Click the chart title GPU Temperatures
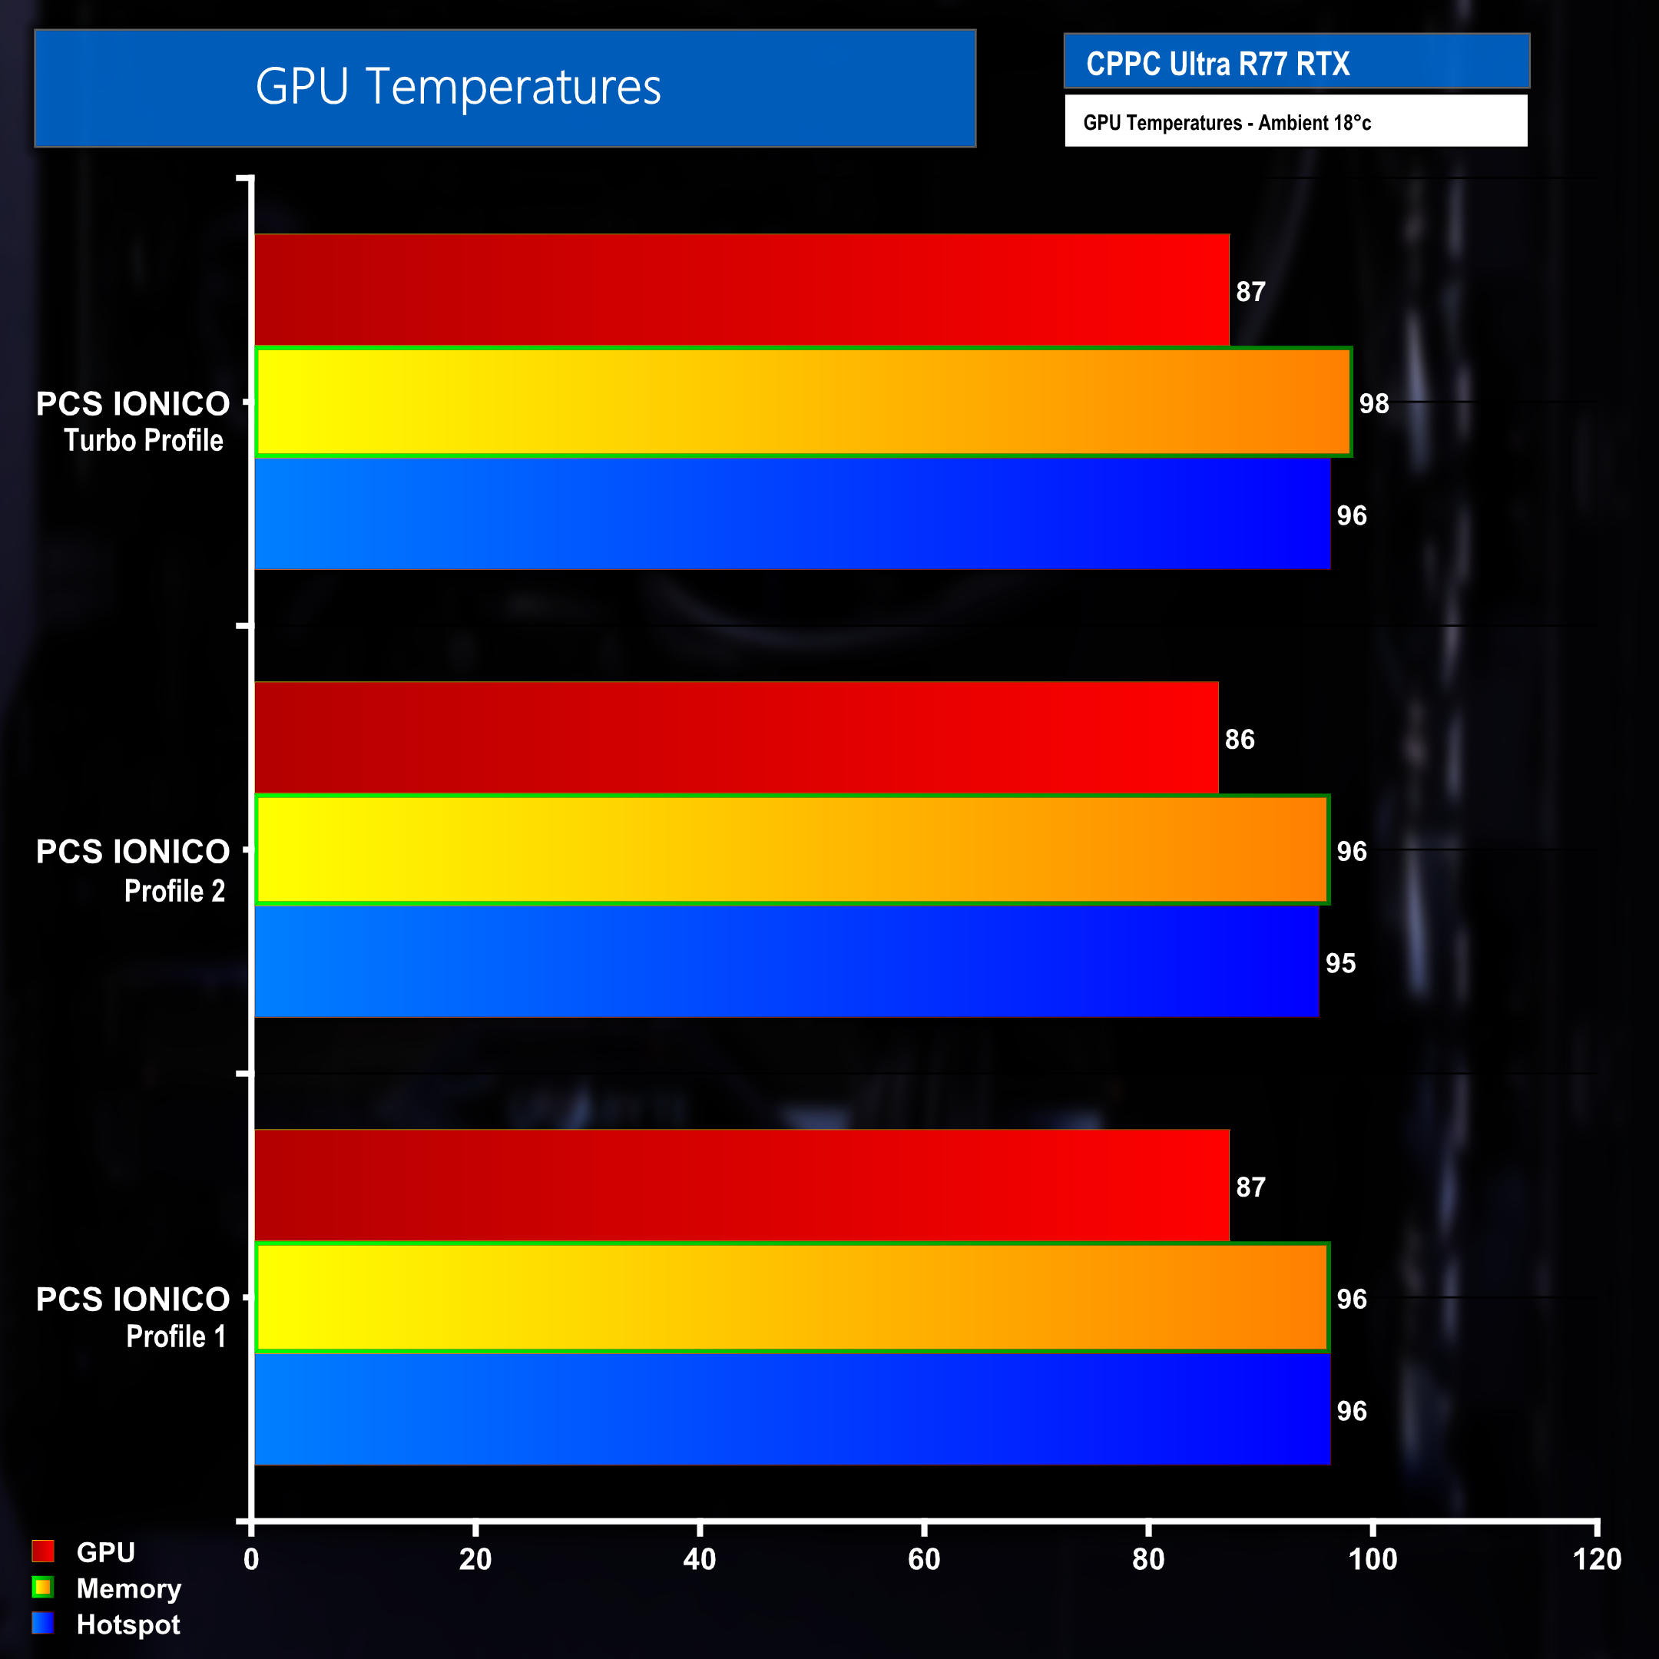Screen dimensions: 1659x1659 coord(458,87)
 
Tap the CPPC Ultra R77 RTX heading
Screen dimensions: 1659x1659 coord(1217,64)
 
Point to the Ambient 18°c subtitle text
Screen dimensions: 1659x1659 coord(1227,123)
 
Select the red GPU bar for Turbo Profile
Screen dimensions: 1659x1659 coord(742,290)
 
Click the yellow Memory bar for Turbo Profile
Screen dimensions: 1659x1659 coord(803,402)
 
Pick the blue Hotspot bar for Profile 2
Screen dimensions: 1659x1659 coord(786,962)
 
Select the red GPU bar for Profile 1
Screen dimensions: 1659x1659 coord(742,1185)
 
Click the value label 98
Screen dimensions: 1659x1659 coord(1373,403)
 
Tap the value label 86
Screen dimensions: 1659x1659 coord(1239,740)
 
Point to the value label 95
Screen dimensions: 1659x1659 coord(1339,963)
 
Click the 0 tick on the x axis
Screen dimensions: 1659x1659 coord(250,1559)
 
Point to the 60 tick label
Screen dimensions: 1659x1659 coord(924,1559)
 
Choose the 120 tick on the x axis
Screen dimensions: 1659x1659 coord(1596,1559)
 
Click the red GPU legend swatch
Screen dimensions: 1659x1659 coord(43,1551)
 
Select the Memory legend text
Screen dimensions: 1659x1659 coord(129,1588)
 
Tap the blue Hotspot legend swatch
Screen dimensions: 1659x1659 coord(43,1624)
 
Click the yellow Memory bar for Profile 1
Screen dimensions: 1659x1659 coord(792,1297)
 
